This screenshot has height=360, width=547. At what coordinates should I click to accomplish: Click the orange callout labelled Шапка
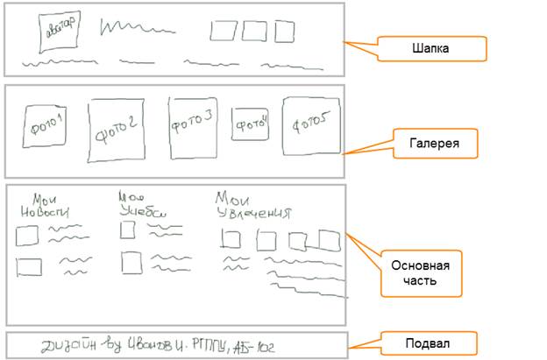[x=430, y=48]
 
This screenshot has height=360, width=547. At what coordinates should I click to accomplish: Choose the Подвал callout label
[x=430, y=342]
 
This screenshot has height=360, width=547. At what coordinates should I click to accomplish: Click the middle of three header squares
[x=254, y=32]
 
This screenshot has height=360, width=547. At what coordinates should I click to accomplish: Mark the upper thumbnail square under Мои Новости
[x=27, y=235]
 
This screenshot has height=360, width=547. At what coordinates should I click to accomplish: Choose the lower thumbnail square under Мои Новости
[x=29, y=267]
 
